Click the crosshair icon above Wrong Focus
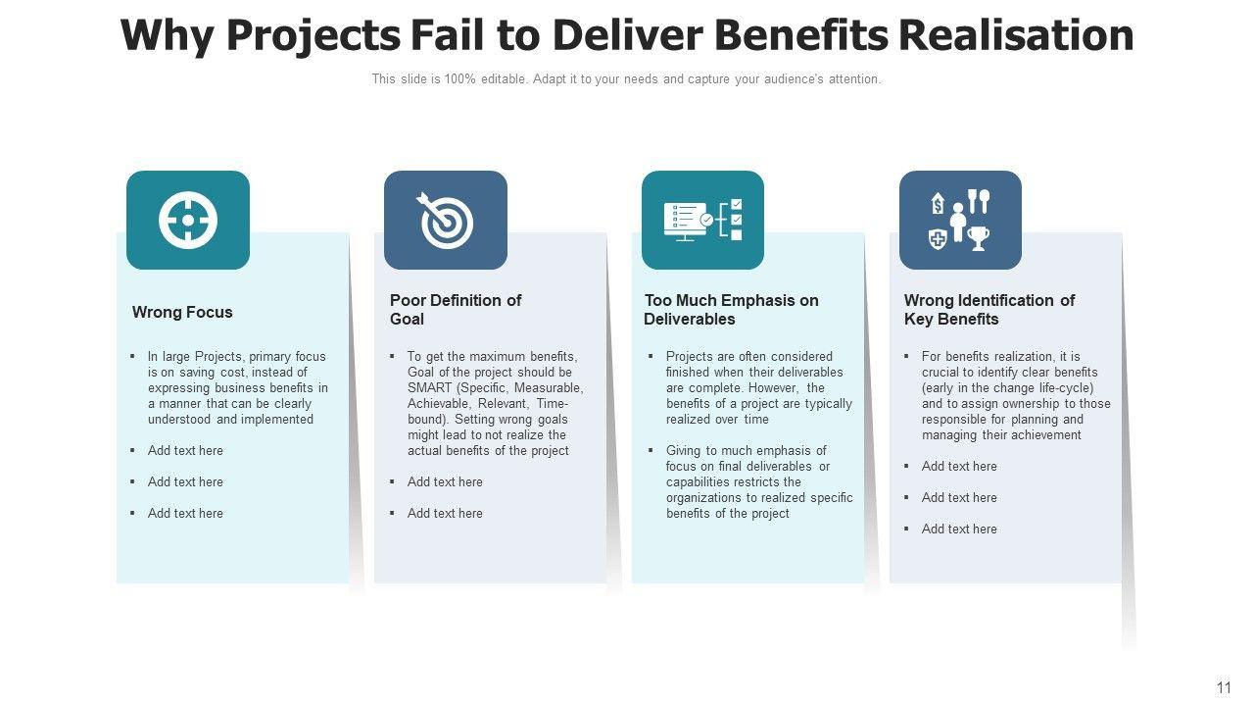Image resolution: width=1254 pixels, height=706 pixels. (188, 220)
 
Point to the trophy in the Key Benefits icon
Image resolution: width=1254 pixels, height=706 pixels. (978, 237)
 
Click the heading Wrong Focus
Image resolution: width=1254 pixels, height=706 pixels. (182, 312)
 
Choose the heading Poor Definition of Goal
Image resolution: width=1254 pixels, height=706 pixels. (456, 309)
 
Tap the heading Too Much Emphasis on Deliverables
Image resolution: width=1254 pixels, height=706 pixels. (731, 309)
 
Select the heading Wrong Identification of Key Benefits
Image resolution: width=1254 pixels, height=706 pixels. (989, 309)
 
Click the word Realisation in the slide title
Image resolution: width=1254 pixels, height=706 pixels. (1016, 35)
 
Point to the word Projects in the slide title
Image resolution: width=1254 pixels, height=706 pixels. (313, 35)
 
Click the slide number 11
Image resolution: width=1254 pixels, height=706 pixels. (1224, 687)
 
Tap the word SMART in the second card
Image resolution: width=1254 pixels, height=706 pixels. (429, 387)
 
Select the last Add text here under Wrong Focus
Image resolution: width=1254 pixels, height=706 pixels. (185, 513)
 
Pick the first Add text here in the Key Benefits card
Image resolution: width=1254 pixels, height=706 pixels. (959, 466)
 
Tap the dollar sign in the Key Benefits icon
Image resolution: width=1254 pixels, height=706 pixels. (938, 204)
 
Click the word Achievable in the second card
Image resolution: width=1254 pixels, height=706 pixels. (440, 403)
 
